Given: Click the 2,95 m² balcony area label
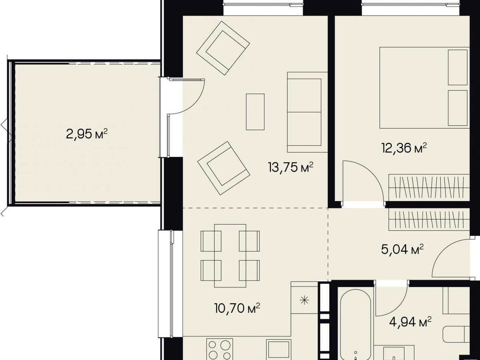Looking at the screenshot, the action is [87, 134].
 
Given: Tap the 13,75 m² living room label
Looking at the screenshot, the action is [291, 167].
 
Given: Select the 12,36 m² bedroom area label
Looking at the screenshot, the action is [404, 148].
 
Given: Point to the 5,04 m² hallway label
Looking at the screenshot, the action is [402, 249].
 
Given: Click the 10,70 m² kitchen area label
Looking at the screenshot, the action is [237, 308].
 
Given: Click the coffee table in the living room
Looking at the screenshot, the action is [255, 112].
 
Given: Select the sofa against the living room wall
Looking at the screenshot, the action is [307, 112].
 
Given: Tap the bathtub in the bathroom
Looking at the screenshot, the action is [356, 324].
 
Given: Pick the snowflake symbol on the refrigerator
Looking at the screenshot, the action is [304, 301].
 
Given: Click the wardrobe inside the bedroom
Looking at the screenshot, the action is [429, 188].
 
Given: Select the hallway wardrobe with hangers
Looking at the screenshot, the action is [429, 219].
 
